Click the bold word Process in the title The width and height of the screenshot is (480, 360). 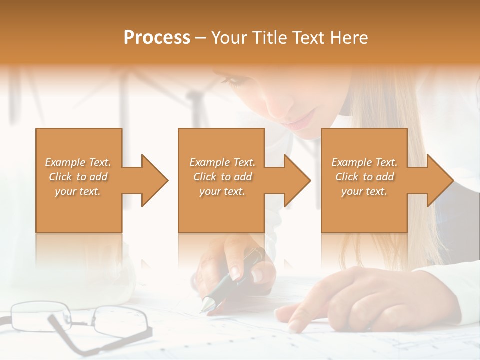pos(157,38)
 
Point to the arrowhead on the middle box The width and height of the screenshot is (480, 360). pos(296,180)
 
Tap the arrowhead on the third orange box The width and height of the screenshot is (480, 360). pos(439,180)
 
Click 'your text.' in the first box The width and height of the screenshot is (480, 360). pos(78,191)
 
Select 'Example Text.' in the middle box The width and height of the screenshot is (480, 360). pos(222,162)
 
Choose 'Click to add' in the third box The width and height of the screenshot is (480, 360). pos(364,177)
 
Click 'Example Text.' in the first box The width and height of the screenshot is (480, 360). pos(78,162)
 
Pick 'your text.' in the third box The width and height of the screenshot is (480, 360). pos(364,191)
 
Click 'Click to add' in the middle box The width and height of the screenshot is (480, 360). pos(222,177)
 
